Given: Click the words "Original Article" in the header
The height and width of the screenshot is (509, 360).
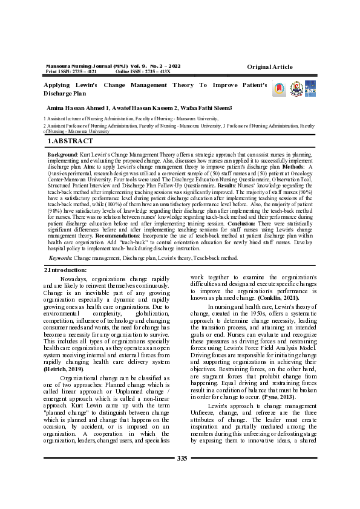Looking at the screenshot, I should [269, 66].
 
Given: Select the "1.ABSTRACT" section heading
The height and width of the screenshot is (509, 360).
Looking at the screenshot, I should [71, 141].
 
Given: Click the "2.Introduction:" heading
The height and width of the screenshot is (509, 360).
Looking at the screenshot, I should [67, 270].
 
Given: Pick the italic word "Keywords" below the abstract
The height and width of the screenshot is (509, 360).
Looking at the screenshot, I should [60, 258].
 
